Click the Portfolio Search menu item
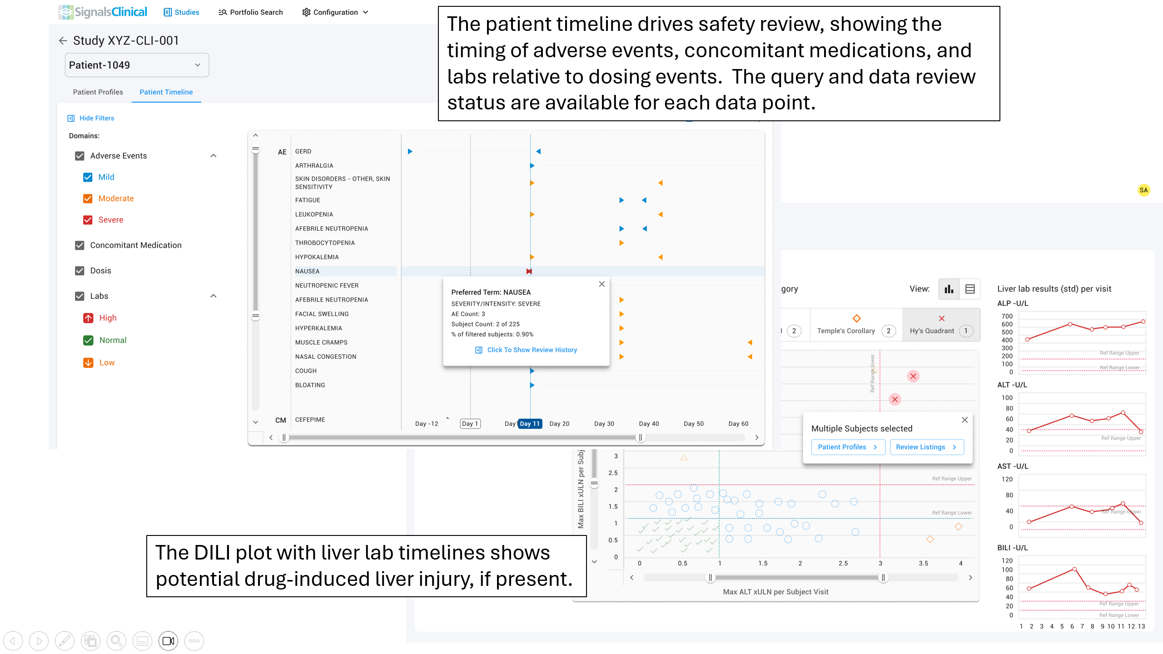251,12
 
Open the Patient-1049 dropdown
136,65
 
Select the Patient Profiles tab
98,92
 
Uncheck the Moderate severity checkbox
88,198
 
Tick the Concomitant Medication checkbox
80,245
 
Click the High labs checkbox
88,318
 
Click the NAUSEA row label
308,271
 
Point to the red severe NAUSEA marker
529,271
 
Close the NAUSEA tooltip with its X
601,284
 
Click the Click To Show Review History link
532,350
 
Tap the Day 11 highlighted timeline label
530,423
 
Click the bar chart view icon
949,289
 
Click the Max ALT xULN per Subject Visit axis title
775,591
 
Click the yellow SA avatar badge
1143,190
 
